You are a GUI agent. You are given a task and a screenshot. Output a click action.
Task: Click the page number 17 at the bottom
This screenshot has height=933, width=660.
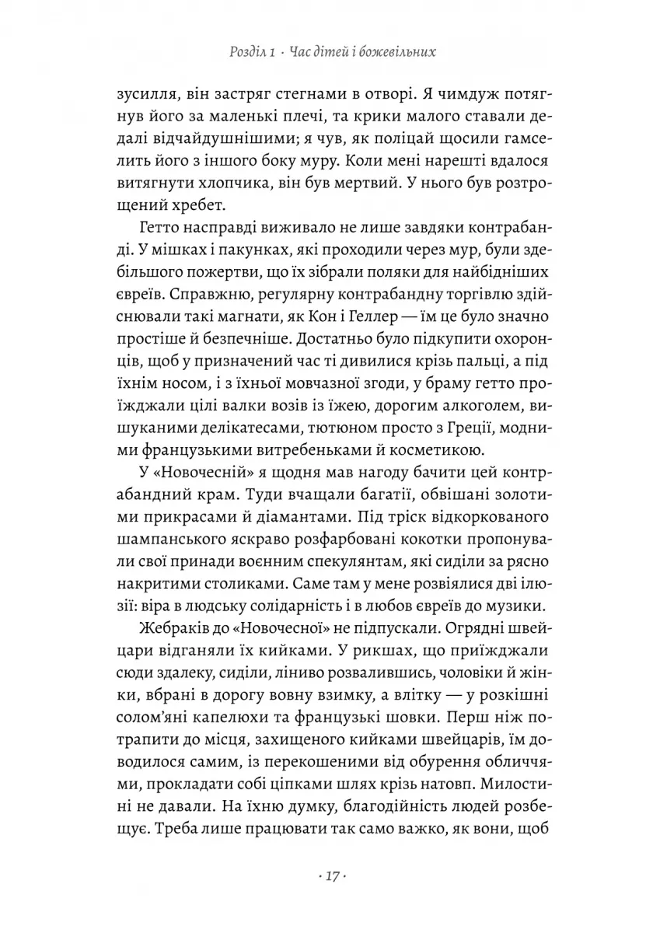point(330,877)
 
